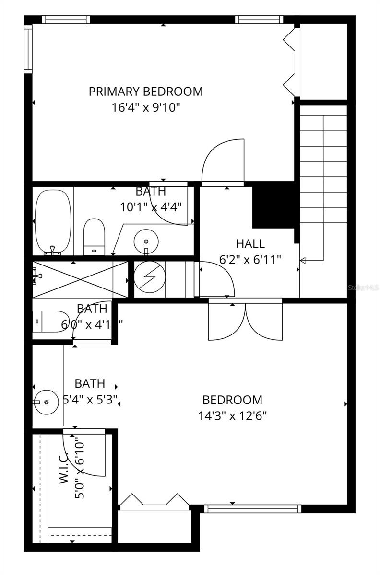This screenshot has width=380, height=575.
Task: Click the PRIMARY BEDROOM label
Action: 145,91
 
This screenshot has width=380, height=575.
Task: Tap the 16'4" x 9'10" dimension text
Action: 145,107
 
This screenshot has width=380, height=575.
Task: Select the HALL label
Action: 250,243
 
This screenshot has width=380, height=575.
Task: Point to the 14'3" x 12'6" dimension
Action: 233,415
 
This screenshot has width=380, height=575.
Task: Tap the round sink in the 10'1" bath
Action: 144,239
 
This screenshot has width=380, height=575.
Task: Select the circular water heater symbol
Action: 149,278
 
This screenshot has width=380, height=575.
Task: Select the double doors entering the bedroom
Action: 245,322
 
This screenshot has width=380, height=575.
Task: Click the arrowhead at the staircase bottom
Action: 303,260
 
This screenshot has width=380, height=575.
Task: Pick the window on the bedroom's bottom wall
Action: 252,508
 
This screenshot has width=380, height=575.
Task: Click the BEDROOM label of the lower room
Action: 233,400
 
